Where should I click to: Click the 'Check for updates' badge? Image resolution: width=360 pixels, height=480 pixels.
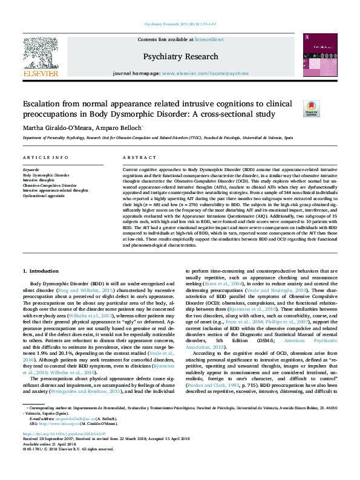click(x=310, y=108)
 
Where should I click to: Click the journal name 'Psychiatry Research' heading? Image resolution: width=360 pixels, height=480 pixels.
click(x=180, y=56)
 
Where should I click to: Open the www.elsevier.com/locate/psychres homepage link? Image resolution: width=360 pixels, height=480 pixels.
click(x=197, y=73)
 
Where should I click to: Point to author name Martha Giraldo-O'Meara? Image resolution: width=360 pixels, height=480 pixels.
click(x=58, y=128)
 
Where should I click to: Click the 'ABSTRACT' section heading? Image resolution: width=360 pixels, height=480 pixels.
click(x=135, y=157)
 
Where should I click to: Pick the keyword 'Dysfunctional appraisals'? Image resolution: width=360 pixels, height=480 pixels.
click(x=44, y=195)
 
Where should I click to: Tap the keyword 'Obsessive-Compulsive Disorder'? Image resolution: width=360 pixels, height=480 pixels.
click(x=50, y=185)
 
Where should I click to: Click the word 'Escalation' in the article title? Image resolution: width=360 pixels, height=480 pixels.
click(x=43, y=104)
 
